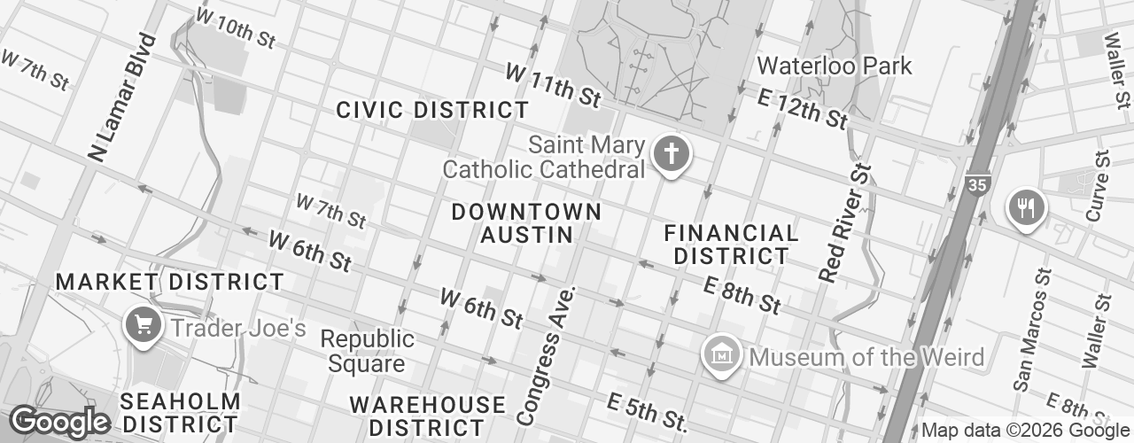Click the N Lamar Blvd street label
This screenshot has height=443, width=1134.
[x=122, y=97]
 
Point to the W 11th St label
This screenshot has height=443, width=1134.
[x=553, y=82]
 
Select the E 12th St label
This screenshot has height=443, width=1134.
[x=803, y=107]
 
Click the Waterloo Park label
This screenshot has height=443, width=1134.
[x=834, y=66]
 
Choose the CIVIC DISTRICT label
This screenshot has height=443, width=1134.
[x=432, y=111]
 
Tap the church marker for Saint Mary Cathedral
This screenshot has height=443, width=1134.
[x=671, y=156]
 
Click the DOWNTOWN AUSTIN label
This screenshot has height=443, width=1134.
[x=526, y=223]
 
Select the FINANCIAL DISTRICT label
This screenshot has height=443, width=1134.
[x=731, y=245]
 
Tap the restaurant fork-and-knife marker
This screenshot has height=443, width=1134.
[x=1026, y=208]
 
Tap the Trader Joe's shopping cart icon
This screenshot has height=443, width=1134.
[x=143, y=325]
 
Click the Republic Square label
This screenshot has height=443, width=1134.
[x=367, y=351]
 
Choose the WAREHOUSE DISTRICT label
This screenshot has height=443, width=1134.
[x=427, y=416]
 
